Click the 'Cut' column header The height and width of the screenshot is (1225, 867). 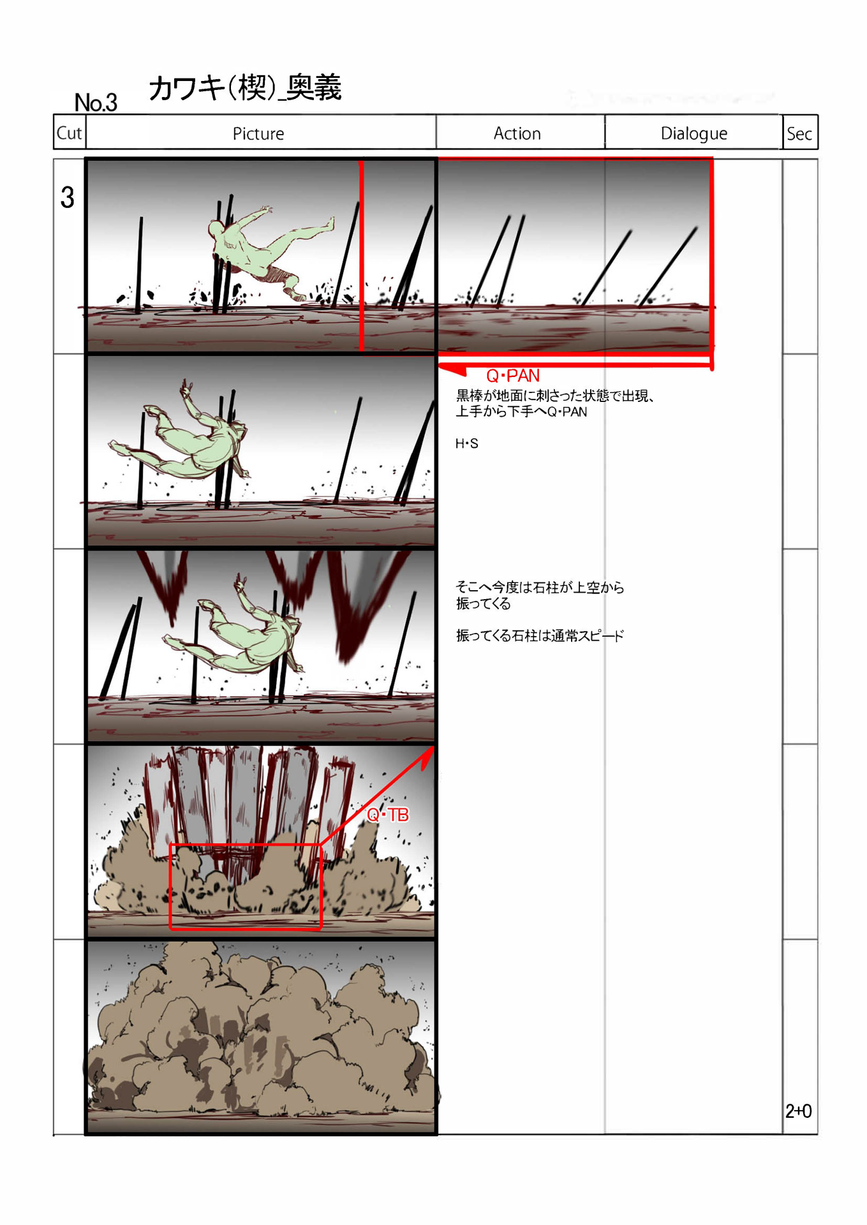(x=69, y=133)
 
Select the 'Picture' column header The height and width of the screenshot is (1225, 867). (x=258, y=133)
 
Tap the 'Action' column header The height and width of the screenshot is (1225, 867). (x=517, y=133)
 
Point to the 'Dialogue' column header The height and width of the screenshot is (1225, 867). (x=693, y=133)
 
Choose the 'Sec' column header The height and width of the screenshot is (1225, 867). (x=799, y=133)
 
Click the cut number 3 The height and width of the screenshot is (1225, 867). (x=67, y=197)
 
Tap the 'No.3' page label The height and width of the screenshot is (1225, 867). (x=96, y=102)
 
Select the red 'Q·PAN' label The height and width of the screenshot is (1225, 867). (x=513, y=375)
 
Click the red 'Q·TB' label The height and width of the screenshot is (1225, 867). (x=388, y=814)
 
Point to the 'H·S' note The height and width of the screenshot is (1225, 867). (x=466, y=443)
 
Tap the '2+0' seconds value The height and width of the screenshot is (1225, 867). (x=798, y=1111)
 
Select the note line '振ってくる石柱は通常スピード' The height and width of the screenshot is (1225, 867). (x=540, y=635)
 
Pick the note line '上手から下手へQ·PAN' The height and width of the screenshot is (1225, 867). (x=521, y=412)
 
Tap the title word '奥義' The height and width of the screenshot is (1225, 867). (x=314, y=87)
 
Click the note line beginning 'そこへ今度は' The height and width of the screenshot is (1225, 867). (x=540, y=587)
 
